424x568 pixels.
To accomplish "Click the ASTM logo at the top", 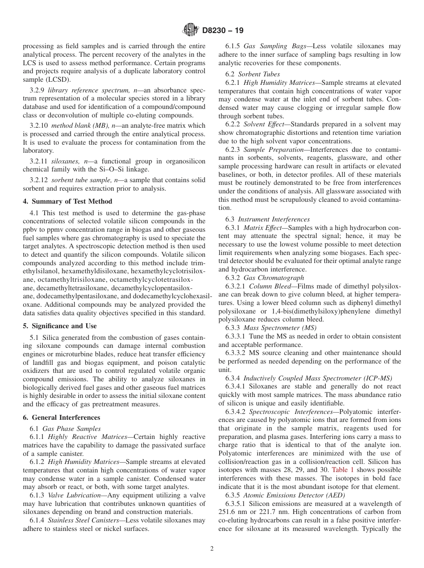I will [x=191, y=31].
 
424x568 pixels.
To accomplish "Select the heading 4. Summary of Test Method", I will [x=67, y=201].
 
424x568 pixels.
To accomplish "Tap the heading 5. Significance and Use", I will [x=60, y=326].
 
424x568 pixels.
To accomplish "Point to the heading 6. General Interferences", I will [x=62, y=418].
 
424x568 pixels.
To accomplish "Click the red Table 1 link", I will [x=342, y=470].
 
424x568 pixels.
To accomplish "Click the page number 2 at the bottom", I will [x=212, y=549].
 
